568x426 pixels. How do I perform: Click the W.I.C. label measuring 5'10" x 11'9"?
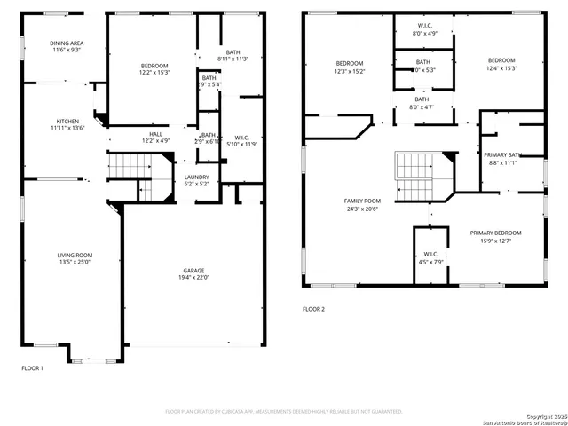241,141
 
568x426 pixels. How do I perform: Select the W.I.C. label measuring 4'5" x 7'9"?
430,258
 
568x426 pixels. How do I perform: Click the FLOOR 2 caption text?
313,309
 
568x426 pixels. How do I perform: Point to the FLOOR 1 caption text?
32,367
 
